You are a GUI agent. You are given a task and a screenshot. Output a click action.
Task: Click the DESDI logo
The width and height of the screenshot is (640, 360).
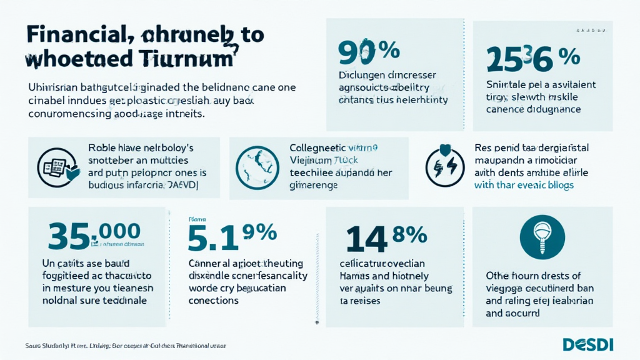pos(588,344)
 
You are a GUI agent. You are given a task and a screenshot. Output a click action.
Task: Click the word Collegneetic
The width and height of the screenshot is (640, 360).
pos(318,149)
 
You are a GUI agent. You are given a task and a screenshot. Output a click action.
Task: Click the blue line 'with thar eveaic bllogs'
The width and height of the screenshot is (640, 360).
pos(524,185)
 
